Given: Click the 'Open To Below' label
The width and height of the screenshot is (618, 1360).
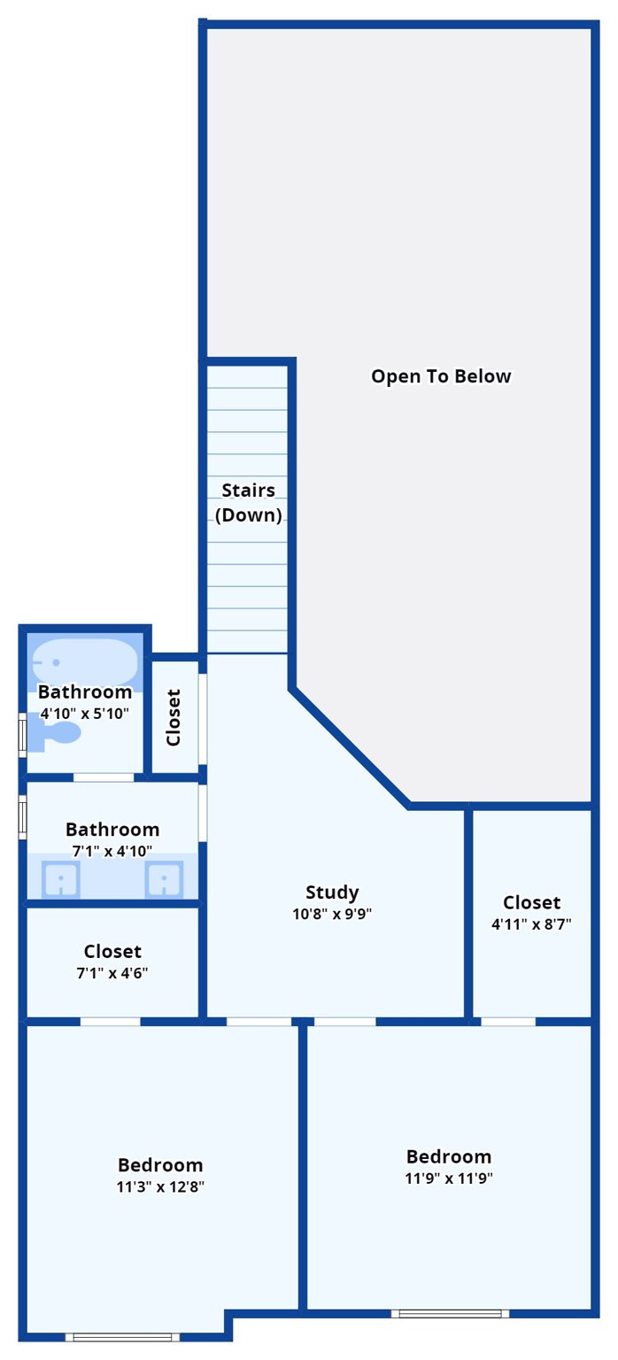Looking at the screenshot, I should tap(441, 376).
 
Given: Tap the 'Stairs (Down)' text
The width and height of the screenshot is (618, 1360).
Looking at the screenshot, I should tap(248, 502).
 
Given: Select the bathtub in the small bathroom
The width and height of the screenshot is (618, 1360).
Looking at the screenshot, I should tap(86, 661).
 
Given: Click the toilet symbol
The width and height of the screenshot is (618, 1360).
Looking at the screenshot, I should tap(58, 732).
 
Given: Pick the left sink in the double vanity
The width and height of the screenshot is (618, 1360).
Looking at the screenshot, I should tap(60, 880).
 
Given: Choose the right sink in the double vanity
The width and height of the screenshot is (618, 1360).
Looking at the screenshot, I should tap(164, 880).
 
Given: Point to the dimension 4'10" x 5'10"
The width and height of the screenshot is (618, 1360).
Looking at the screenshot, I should tap(85, 713).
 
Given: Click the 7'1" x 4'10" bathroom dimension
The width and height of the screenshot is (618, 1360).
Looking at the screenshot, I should tap(112, 851).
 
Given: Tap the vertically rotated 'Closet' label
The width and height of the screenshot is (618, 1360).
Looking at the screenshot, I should tap(174, 717).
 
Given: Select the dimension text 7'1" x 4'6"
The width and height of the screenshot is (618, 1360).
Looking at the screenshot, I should tap(112, 972).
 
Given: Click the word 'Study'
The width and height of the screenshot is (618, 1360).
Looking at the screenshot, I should tap(332, 892).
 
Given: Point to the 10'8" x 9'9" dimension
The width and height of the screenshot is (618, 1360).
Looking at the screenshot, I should tap(332, 915).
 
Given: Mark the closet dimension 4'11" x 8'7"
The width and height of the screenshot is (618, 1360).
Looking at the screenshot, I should tap(531, 924).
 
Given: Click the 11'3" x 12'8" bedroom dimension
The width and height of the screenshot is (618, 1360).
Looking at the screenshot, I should tap(160, 1187).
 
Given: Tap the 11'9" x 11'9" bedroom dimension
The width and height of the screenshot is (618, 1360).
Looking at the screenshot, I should tap(449, 1178).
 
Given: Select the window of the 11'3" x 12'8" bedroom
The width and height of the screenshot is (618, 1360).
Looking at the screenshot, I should tap(122, 1336).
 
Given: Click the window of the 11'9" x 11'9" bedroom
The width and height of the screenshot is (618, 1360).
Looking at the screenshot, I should tap(450, 1314).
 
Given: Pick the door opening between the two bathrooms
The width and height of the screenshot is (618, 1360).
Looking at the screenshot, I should tap(104, 777).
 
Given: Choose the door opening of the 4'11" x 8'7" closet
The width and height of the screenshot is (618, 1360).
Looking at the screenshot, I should tap(508, 1021).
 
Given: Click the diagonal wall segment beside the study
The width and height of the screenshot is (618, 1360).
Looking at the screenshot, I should tap(351, 747).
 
